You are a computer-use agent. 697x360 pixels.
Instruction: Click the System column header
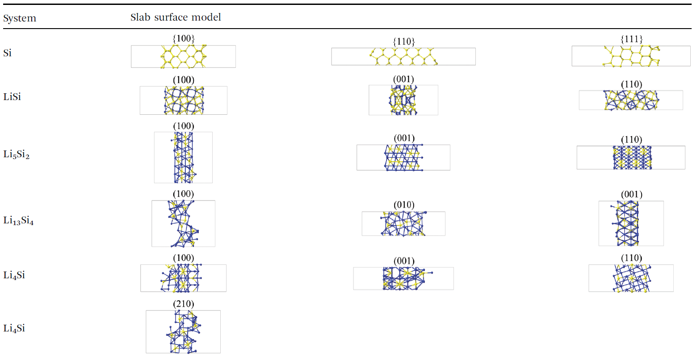pos(20,18)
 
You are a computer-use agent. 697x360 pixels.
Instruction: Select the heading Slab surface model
pos(176,17)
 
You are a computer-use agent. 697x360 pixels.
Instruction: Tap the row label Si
pos(8,53)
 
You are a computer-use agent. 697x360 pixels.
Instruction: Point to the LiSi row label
pos(12,97)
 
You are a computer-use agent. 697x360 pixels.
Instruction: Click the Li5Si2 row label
pos(17,155)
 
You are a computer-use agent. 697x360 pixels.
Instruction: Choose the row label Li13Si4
pos(18,221)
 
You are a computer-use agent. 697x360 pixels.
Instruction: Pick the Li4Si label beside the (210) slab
pos(14,328)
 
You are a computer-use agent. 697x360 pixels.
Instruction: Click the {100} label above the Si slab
pos(184,38)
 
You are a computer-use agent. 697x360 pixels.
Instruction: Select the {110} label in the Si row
pos(403,42)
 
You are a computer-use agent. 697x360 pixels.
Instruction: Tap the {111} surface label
pos(631,39)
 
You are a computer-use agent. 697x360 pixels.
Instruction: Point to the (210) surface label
pos(184,304)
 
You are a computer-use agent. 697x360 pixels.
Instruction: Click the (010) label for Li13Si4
pos(404,205)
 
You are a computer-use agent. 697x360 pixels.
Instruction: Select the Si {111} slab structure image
pos(631,56)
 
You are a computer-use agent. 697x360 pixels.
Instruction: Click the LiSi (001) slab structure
pos(403,100)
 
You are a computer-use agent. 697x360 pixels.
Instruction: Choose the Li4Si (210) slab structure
pos(183,332)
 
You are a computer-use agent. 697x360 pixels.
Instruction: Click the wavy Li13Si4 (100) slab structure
pos(183,223)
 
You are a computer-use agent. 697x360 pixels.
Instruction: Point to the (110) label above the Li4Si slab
pos(631,258)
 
